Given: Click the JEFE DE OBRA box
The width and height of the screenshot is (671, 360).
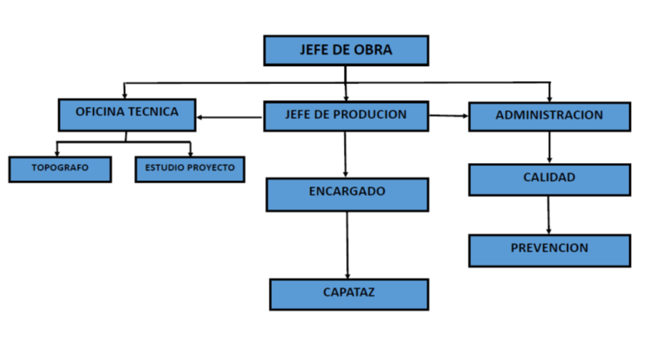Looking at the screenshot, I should pos(345,51).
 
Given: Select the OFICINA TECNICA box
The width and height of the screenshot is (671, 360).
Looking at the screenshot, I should pos(127,114).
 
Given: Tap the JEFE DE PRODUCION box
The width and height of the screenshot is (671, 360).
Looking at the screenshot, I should pos(345,116).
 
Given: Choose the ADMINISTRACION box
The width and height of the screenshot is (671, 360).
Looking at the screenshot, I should pos(549,117).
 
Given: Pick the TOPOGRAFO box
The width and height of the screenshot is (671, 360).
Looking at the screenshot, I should pos(60,169).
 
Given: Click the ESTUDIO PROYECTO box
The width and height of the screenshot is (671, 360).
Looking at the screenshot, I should pos(190,169).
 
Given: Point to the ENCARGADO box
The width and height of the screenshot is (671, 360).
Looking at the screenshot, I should pos(347,194).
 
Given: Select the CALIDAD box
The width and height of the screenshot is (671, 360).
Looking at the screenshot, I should pos(549,180).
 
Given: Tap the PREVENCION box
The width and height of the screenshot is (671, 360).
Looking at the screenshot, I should pos(549,250).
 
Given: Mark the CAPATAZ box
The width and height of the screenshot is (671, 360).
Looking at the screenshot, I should pos(348,294).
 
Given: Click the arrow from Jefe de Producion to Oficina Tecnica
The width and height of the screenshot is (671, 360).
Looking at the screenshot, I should pos(229,117).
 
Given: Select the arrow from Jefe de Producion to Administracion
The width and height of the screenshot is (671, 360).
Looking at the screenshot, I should pos(448,116).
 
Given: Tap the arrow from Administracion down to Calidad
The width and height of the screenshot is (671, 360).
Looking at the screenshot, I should pos(549,147).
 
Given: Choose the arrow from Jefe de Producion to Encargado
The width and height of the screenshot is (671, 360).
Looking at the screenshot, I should pos(345,155).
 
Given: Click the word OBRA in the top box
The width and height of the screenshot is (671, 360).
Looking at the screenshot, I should pos(374,51).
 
